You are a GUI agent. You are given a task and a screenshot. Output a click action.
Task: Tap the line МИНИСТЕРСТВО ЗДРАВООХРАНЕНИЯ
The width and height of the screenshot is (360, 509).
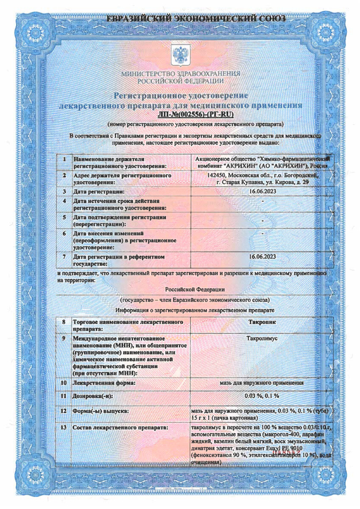(x=181, y=74)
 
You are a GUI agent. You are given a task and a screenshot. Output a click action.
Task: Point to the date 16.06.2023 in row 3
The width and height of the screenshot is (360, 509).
(x=263, y=192)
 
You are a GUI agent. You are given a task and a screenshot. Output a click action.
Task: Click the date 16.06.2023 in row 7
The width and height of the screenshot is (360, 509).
(x=263, y=257)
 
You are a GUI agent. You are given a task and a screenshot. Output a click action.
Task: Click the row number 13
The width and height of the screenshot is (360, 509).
(x=64, y=427)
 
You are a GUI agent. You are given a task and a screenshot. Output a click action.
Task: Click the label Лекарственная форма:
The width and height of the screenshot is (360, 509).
(x=104, y=383)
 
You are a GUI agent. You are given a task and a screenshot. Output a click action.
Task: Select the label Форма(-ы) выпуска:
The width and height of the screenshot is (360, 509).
(x=100, y=411)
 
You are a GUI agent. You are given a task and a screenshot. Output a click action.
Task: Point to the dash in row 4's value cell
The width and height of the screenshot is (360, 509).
(x=263, y=201)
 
